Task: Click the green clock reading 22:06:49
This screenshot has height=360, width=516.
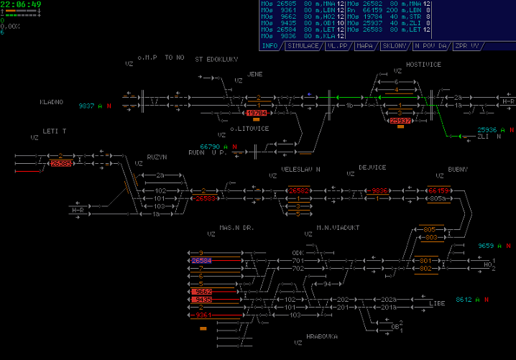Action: coord(21,4)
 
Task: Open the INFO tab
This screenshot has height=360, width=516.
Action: coord(269,45)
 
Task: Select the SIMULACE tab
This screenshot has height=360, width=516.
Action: coord(303,45)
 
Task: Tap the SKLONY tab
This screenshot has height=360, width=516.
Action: coord(395,45)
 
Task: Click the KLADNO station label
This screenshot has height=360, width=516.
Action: coord(51,102)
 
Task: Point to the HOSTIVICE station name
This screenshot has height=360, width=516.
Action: coord(423,64)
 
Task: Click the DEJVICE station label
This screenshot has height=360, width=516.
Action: coord(372,167)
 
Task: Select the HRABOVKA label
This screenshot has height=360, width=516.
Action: coord(321,336)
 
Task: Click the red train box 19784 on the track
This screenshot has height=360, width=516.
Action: coord(257,113)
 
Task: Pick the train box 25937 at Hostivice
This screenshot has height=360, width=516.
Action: coord(400,121)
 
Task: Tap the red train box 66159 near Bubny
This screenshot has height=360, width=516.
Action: coord(438,190)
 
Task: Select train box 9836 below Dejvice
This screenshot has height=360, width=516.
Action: coord(379,190)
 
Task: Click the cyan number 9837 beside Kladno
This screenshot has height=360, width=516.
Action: coord(86,106)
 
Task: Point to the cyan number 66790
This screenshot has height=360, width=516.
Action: coord(209,147)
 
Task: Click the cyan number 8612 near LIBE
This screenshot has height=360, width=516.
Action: coord(463,299)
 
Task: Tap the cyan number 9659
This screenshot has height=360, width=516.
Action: coord(486,246)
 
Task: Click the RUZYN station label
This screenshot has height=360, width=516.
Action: coord(157,156)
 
